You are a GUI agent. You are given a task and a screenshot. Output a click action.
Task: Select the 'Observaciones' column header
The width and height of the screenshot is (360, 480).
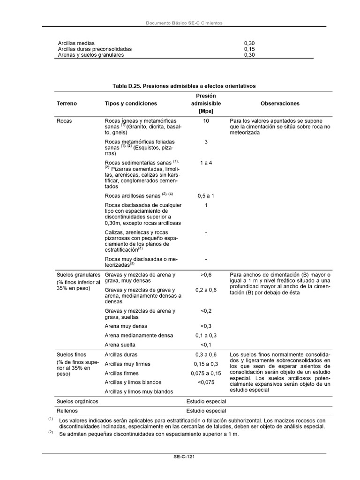tap(280, 104)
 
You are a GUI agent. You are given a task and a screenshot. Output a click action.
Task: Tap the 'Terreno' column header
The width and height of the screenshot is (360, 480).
tap(67, 104)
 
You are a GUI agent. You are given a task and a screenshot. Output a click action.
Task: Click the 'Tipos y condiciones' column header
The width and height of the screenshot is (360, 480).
tap(131, 104)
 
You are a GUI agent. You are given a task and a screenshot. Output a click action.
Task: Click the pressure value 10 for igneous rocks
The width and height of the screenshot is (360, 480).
tap(206, 121)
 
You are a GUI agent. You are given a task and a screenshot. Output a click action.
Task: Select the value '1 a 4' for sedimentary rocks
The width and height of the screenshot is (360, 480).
tap(206, 163)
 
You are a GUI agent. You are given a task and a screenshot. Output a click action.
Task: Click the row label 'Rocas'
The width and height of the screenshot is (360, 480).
tap(64, 121)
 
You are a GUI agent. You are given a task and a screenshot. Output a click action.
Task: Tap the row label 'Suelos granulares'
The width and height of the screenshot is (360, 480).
tap(78, 275)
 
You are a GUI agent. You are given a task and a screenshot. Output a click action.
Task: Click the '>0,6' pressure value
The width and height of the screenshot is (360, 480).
tap(206, 275)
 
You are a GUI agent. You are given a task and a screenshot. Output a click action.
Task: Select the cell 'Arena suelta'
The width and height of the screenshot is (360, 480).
tap(120, 345)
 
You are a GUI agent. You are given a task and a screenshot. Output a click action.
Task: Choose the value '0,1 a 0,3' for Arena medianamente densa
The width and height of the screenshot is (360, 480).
tap(206, 335)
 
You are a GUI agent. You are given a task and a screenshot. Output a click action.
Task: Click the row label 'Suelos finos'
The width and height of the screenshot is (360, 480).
tap(71, 355)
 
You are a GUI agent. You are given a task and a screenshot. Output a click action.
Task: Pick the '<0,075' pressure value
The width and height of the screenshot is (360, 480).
tap(206, 382)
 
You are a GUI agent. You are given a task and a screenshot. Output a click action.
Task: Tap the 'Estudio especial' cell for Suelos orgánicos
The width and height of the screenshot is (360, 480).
tap(206, 401)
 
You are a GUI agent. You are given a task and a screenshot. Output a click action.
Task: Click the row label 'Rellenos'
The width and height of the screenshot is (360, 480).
tap(67, 411)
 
